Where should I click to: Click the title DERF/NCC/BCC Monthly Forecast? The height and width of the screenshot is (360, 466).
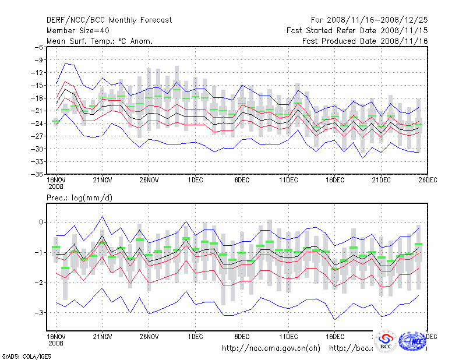[x=109, y=20]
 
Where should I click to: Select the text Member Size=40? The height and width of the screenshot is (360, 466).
[x=79, y=30]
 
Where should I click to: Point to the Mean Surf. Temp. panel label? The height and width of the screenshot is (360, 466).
[x=100, y=41]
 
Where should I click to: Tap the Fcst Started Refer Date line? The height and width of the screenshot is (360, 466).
[x=357, y=30]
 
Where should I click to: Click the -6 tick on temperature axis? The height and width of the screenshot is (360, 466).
[x=38, y=47]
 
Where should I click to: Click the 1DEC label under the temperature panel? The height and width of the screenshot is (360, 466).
[x=195, y=180]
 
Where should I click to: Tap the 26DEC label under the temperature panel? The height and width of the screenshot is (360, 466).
[x=428, y=180]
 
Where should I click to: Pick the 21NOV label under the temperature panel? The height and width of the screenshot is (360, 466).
[x=103, y=180]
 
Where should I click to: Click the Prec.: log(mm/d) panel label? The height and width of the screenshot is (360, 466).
[x=79, y=199]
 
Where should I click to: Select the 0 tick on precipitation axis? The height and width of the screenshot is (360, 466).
[x=41, y=223]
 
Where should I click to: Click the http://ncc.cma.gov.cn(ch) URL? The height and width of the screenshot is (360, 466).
[x=271, y=348]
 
